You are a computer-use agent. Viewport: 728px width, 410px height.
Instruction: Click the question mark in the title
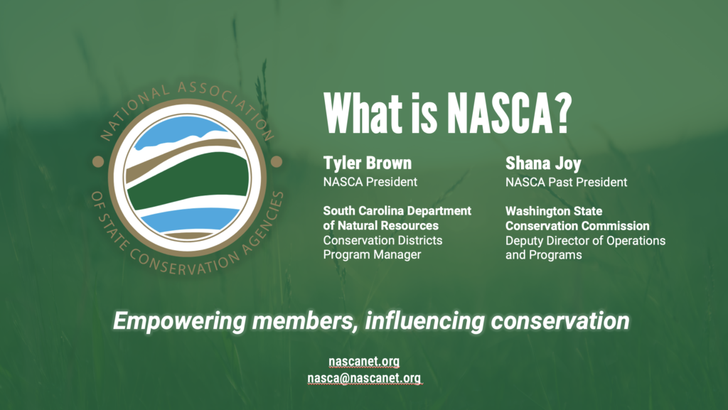(563, 114)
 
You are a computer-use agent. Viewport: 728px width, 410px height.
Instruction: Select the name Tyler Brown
(368, 163)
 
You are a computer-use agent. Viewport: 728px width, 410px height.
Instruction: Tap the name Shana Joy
(543, 163)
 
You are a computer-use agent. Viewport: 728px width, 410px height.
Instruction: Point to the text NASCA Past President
(566, 182)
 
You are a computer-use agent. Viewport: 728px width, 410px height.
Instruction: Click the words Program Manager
(372, 254)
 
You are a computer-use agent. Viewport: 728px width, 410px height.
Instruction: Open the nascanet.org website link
(364, 361)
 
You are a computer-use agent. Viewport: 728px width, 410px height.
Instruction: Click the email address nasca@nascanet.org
(364, 378)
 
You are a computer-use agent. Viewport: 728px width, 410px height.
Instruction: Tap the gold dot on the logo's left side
(98, 161)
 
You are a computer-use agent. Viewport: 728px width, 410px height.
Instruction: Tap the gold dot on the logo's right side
(277, 161)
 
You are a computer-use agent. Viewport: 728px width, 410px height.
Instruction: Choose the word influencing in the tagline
(424, 321)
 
